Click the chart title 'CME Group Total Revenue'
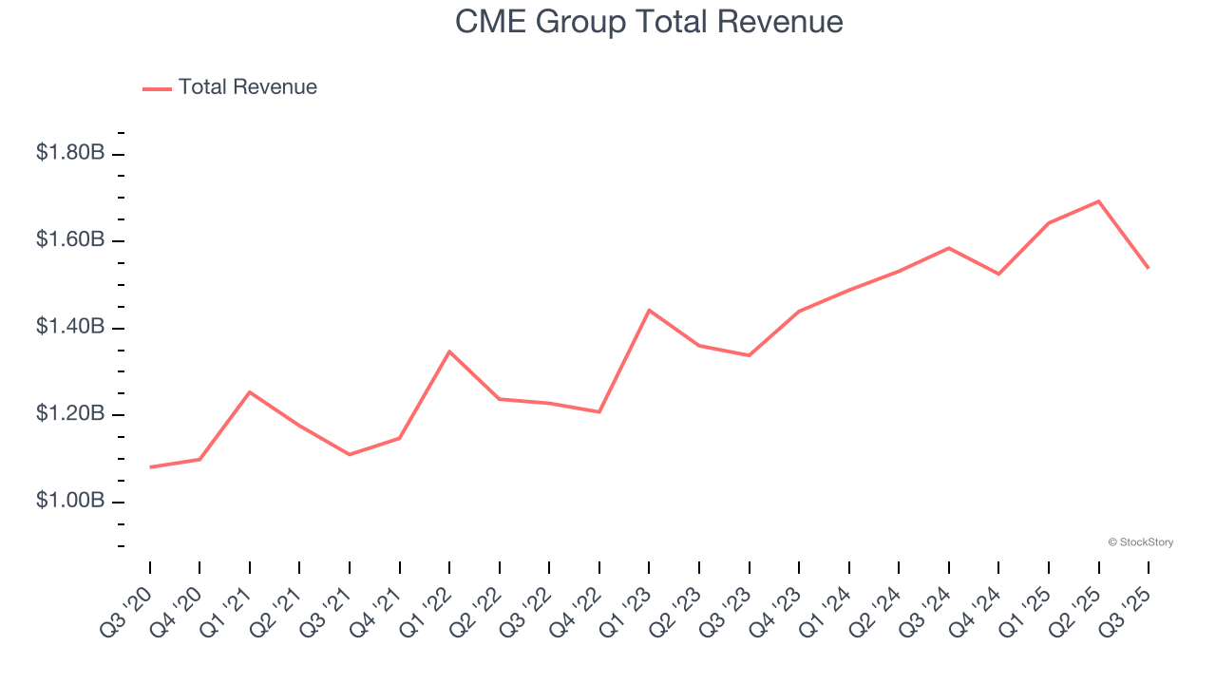pyautogui.click(x=649, y=21)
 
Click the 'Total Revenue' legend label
pyautogui.click(x=247, y=87)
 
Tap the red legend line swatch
pyautogui.click(x=157, y=88)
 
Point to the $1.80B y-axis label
pyautogui.click(x=70, y=153)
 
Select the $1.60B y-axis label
pyautogui.click(x=70, y=240)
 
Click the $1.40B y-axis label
pyautogui.click(x=70, y=328)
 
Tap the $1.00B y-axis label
pyautogui.click(x=70, y=502)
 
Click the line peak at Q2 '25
pyautogui.click(x=1098, y=201)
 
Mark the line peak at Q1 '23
pyautogui.click(x=649, y=310)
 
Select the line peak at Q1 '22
pyautogui.click(x=449, y=351)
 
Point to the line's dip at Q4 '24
pyautogui.click(x=998, y=274)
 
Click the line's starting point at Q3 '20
pyautogui.click(x=150, y=467)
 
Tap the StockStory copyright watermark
pyautogui.click(x=1140, y=542)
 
